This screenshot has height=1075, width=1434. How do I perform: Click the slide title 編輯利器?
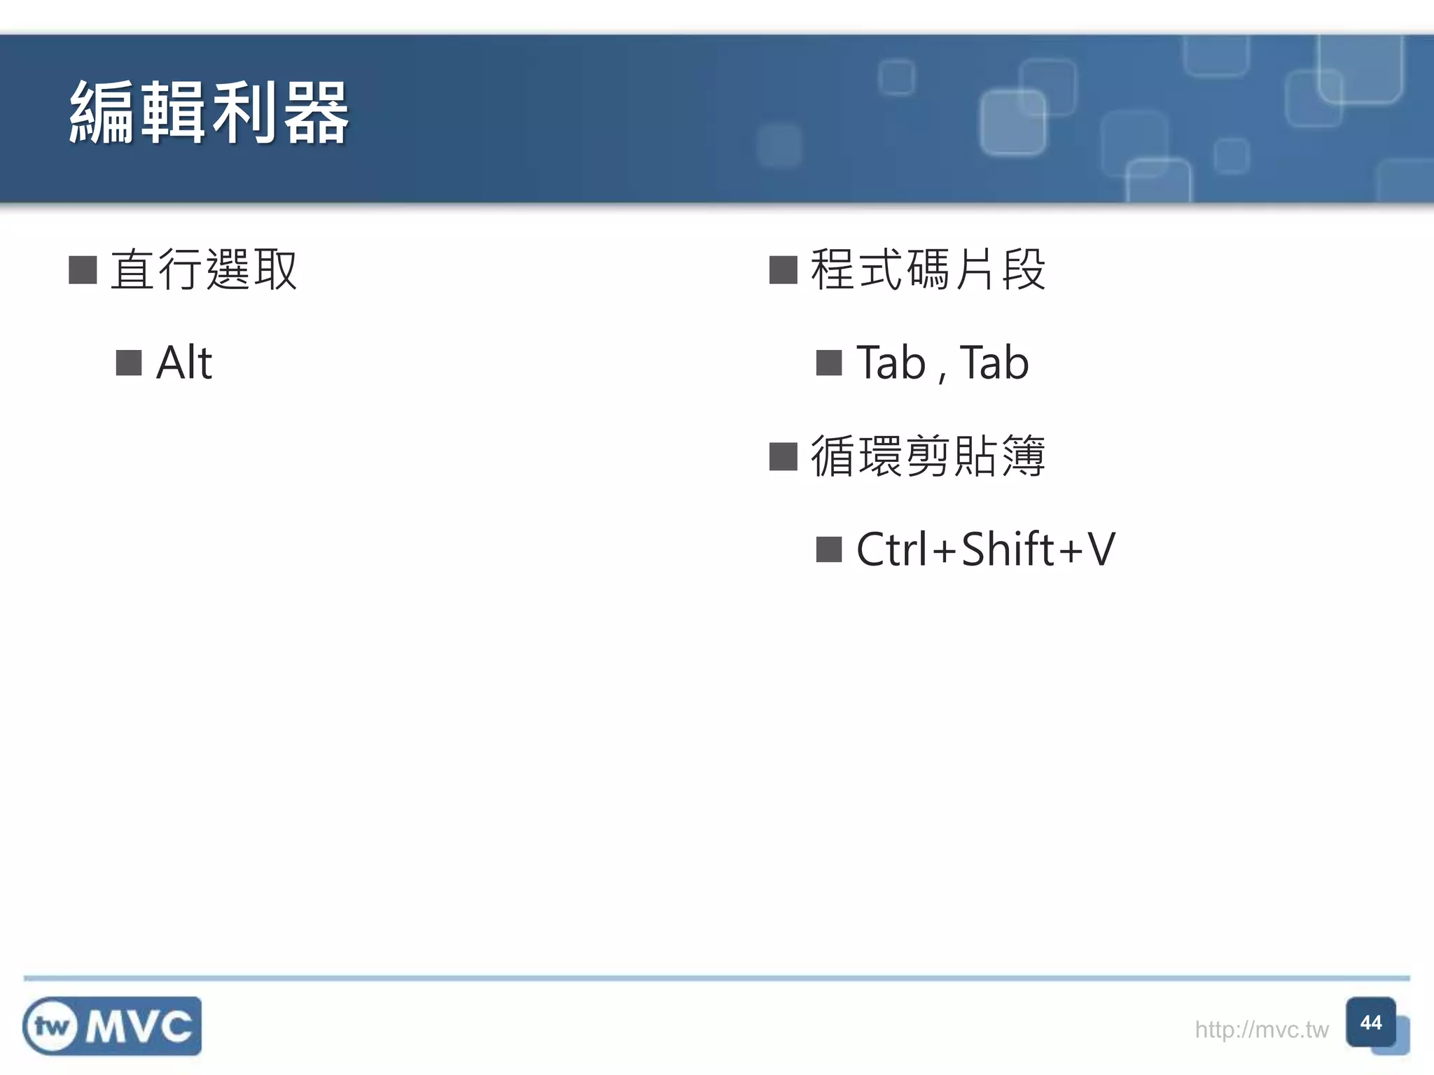[209, 113]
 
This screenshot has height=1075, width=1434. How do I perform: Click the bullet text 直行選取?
[204, 270]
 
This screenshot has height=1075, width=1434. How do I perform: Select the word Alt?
[183, 363]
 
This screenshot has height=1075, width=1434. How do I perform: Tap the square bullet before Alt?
[129, 363]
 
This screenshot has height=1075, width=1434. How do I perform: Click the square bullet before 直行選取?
[83, 270]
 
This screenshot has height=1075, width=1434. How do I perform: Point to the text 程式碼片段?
[928, 270]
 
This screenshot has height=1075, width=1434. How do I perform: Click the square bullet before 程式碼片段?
[783, 270]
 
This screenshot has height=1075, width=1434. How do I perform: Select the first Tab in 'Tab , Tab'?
[891, 363]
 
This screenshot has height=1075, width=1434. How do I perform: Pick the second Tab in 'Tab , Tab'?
[994, 363]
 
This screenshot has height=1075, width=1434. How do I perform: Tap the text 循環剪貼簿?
[928, 456]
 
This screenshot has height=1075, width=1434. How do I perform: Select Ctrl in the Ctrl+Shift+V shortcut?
[893, 549]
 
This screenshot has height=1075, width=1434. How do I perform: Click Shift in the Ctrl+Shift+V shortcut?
[1008, 549]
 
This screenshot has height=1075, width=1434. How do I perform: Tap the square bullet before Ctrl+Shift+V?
[829, 549]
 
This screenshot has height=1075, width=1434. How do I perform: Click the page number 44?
[1370, 1023]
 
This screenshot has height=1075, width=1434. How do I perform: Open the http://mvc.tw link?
[1261, 1030]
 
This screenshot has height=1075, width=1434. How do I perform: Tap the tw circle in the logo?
[51, 1027]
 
